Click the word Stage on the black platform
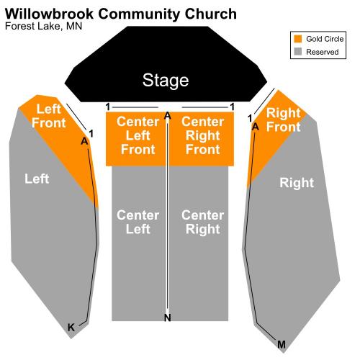tap(166, 81)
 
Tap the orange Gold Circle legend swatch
tap(298, 39)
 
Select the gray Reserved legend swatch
tap(298, 51)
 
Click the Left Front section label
tap(49, 116)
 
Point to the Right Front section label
tap(284, 120)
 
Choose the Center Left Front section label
tap(138, 135)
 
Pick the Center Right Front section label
tap(203, 135)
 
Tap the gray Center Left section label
tap(138, 222)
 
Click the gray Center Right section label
tap(203, 222)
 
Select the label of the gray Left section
tap(37, 179)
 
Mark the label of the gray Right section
tap(297, 183)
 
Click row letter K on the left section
tap(71, 328)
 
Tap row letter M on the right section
tap(282, 345)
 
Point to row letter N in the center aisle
tap(168, 318)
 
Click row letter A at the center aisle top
tap(168, 116)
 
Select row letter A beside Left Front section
tap(84, 141)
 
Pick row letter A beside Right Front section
tap(256, 127)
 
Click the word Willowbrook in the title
tap(49, 14)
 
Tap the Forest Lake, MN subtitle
tap(43, 26)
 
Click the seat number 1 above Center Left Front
tap(108, 107)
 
